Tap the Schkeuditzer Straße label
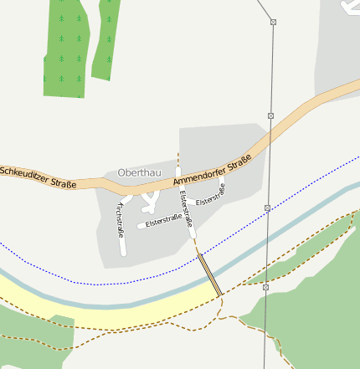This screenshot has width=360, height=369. click(39, 177)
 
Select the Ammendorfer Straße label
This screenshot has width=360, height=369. click(213, 170)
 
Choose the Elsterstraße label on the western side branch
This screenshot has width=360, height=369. click(163, 220)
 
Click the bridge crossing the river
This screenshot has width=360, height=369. click(209, 274)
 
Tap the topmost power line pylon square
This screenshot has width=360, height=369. click(273, 21)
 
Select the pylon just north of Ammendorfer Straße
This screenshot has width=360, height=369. click(270, 115)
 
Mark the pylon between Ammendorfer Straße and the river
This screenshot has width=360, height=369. click(267, 208)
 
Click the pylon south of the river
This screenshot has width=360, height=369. click(265, 287)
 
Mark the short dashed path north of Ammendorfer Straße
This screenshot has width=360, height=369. click(178, 159)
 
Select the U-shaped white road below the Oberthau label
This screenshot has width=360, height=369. click(150, 199)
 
